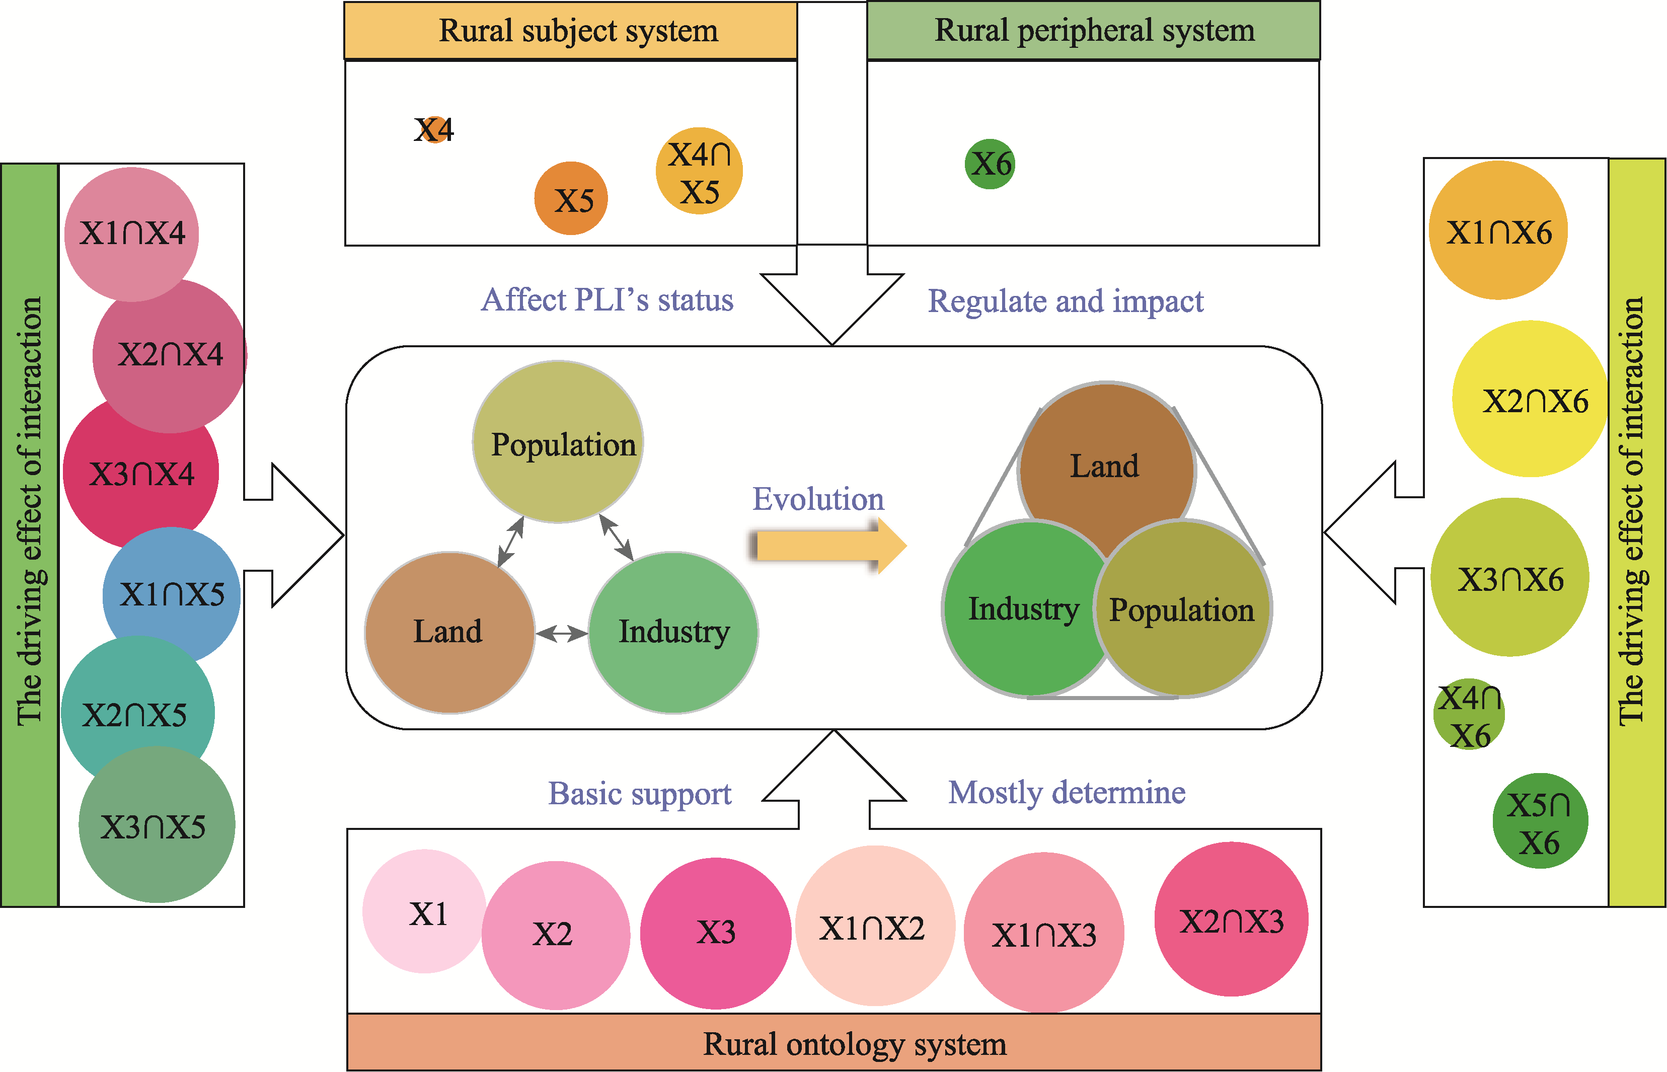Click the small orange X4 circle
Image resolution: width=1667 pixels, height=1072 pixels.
(434, 129)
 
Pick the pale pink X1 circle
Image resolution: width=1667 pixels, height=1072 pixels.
(424, 911)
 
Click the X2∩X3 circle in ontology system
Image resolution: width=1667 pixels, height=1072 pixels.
(1231, 920)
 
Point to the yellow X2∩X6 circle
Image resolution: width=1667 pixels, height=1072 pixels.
(1530, 399)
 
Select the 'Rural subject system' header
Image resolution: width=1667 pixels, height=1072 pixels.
(571, 31)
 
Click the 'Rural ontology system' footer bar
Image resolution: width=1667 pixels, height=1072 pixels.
(834, 1043)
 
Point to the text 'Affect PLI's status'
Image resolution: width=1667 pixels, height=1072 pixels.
(607, 300)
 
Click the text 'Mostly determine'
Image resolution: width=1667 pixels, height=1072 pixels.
(1067, 792)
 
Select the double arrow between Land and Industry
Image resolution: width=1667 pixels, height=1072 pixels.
(562, 633)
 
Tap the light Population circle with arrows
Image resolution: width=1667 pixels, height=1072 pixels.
(558, 441)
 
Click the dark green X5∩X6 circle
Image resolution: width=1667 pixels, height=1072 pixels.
(1540, 821)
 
